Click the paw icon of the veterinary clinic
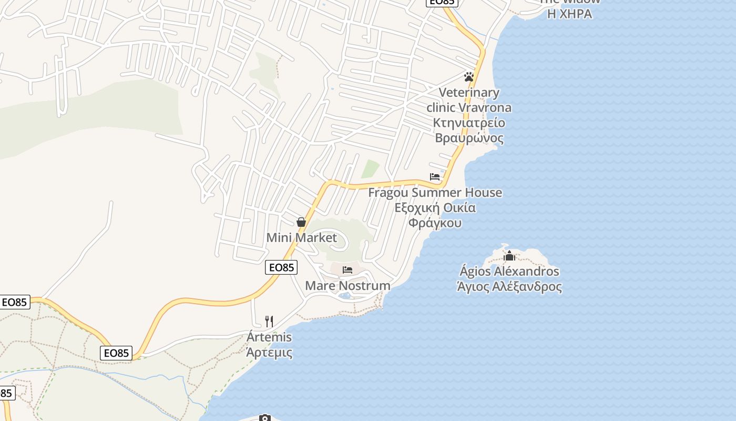(x=469, y=77)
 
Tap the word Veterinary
(x=468, y=93)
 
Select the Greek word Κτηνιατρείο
(x=469, y=123)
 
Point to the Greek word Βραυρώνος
(x=469, y=138)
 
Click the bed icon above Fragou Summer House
(x=435, y=177)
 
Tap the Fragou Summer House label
(x=435, y=193)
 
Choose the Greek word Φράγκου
(x=435, y=223)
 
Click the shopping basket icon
(x=301, y=222)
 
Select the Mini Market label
(x=301, y=238)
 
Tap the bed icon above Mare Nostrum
(x=347, y=270)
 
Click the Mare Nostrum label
(x=347, y=286)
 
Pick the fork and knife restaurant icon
(x=269, y=321)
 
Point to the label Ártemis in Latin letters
(x=269, y=337)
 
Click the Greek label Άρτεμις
(x=269, y=353)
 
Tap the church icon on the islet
(x=509, y=256)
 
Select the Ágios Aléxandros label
(x=509, y=272)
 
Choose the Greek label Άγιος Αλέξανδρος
(x=509, y=287)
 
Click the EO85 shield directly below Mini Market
(x=281, y=267)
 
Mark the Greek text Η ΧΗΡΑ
(x=569, y=14)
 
